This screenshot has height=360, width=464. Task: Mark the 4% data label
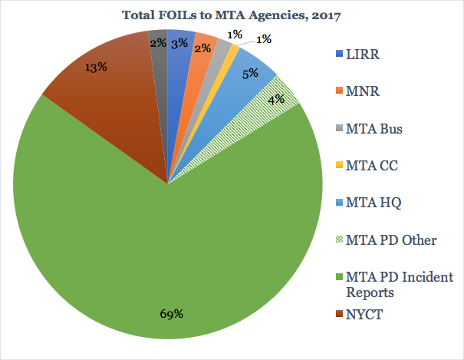[x=276, y=98]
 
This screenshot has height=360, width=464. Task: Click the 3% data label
[x=179, y=44]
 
